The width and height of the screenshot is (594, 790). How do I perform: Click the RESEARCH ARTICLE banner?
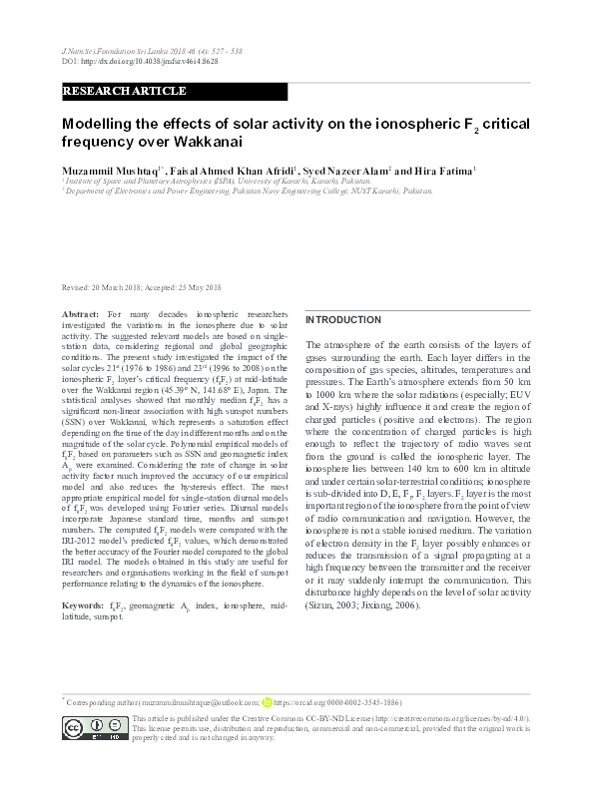[x=125, y=91]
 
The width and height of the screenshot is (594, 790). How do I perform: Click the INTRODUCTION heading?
[x=343, y=319]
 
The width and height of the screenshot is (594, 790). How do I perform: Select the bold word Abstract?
[x=81, y=313]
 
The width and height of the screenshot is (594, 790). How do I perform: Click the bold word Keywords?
[x=83, y=605]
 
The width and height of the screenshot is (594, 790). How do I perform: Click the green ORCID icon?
[x=267, y=702]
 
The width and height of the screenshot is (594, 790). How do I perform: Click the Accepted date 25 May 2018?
[x=187, y=287]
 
